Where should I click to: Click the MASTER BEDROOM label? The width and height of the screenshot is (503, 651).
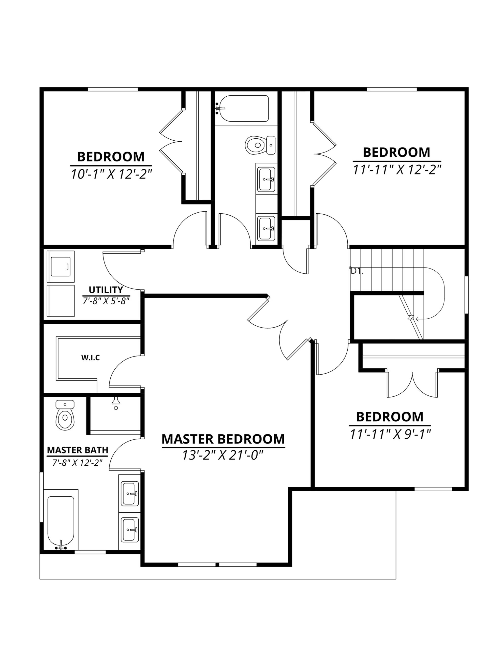(223, 439)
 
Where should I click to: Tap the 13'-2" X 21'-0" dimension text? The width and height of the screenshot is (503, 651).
(223, 455)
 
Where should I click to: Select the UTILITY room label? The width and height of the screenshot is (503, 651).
(106, 290)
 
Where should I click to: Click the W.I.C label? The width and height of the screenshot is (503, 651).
(91, 358)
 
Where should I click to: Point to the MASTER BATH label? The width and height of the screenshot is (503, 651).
(78, 450)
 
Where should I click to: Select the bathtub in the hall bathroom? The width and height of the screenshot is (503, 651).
(242, 109)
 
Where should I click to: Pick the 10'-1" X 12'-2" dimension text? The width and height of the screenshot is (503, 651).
(111, 174)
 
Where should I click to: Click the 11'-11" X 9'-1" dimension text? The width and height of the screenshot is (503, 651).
(390, 434)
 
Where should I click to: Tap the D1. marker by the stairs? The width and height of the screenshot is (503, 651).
(357, 271)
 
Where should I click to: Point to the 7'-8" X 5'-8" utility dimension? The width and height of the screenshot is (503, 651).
(106, 301)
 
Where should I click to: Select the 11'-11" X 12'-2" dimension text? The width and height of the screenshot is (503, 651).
(397, 170)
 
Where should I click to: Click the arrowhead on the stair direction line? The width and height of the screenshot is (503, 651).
(417, 319)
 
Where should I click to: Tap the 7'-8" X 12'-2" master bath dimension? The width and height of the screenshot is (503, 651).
(78, 463)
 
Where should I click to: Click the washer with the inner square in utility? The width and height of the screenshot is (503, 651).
(61, 267)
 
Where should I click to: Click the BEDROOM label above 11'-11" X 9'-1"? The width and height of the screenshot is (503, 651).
(390, 417)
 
